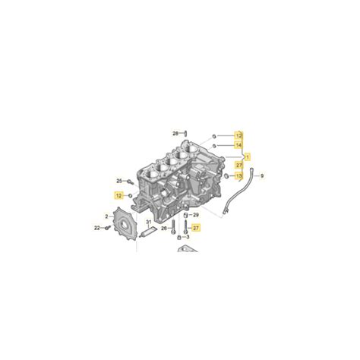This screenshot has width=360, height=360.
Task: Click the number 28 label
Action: [x=175, y=133]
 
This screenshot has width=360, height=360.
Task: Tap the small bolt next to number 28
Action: [x=185, y=134]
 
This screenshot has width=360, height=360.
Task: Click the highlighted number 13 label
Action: [x=238, y=175]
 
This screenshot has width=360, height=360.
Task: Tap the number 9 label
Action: [x=262, y=175]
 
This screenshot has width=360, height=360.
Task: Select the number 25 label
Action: [x=119, y=180]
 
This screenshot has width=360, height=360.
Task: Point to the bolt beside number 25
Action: [x=130, y=182]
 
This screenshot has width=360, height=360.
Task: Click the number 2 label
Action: [x=106, y=216]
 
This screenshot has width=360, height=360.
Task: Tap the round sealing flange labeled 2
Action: [x=122, y=224]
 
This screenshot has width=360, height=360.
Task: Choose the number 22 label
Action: [x=97, y=227]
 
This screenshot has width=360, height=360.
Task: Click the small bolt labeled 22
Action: [x=108, y=227]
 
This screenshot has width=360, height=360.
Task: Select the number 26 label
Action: [x=164, y=227]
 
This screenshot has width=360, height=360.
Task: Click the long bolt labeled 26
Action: [x=173, y=226]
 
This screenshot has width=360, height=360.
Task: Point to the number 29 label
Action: [x=195, y=215]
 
